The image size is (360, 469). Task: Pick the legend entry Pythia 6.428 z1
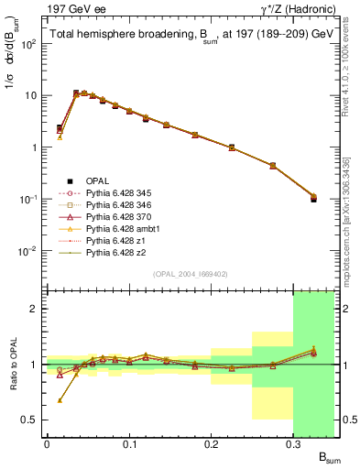[115, 248]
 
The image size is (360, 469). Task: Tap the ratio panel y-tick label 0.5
[31, 420]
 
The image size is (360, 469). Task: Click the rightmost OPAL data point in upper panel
[313, 198]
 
